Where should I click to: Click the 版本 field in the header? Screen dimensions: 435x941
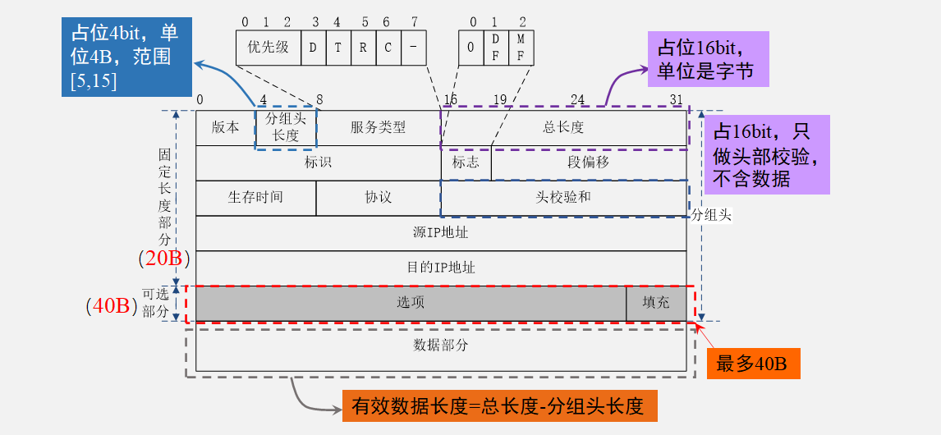[225, 127]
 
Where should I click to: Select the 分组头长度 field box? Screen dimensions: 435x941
[286, 128]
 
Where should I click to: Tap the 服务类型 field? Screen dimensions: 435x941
[378, 127]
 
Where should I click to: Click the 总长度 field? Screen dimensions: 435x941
[563, 127]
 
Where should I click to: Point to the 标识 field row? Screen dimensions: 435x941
[318, 163]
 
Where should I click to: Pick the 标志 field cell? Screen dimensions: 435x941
[466, 163]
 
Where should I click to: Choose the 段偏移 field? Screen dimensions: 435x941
[588, 163]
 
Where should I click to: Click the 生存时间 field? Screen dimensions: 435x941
[255, 198]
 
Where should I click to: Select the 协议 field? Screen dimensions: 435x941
[378, 198]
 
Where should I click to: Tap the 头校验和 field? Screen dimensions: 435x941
[563, 198]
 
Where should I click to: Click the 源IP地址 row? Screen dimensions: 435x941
[440, 233]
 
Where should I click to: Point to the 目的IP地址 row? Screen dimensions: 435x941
[440, 268]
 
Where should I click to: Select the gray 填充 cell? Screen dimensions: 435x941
[656, 303]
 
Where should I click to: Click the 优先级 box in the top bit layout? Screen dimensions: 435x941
[269, 48]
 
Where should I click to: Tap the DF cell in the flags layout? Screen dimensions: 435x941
[495, 48]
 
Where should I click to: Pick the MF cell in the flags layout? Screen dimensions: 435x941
[521, 48]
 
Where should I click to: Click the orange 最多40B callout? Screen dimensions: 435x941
[753, 364]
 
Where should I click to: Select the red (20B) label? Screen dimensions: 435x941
[164, 259]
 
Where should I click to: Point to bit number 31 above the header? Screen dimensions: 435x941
[677, 100]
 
